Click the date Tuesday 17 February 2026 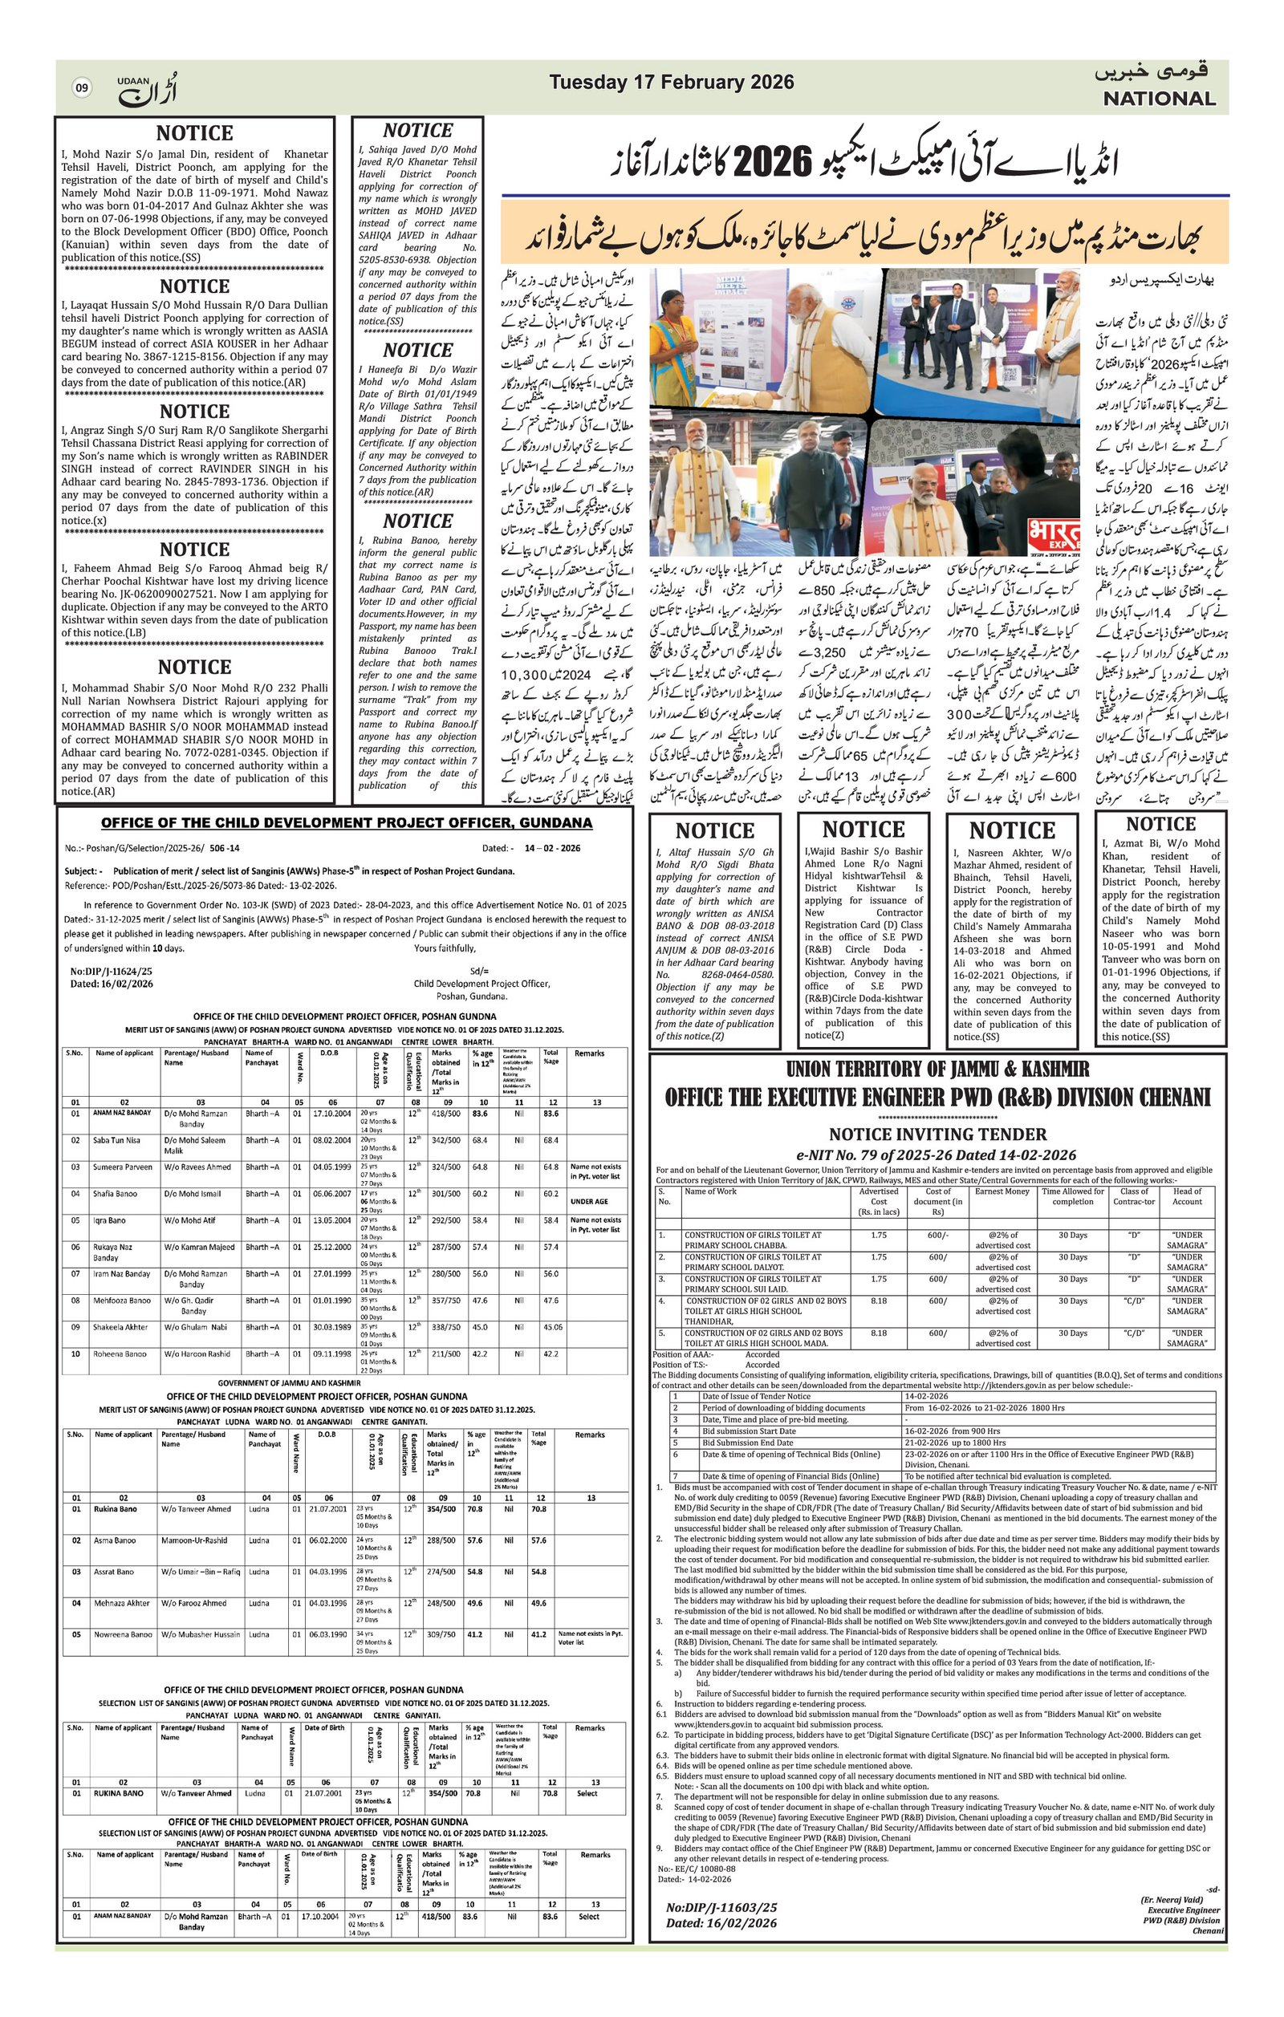[671, 82]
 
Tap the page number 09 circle [81, 87]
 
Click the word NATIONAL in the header [1158, 99]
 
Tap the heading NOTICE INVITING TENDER [937, 1134]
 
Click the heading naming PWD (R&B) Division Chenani [937, 1097]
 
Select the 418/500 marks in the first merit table [443, 1114]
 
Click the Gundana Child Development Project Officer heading [346, 822]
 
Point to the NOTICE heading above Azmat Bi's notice [1160, 823]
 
